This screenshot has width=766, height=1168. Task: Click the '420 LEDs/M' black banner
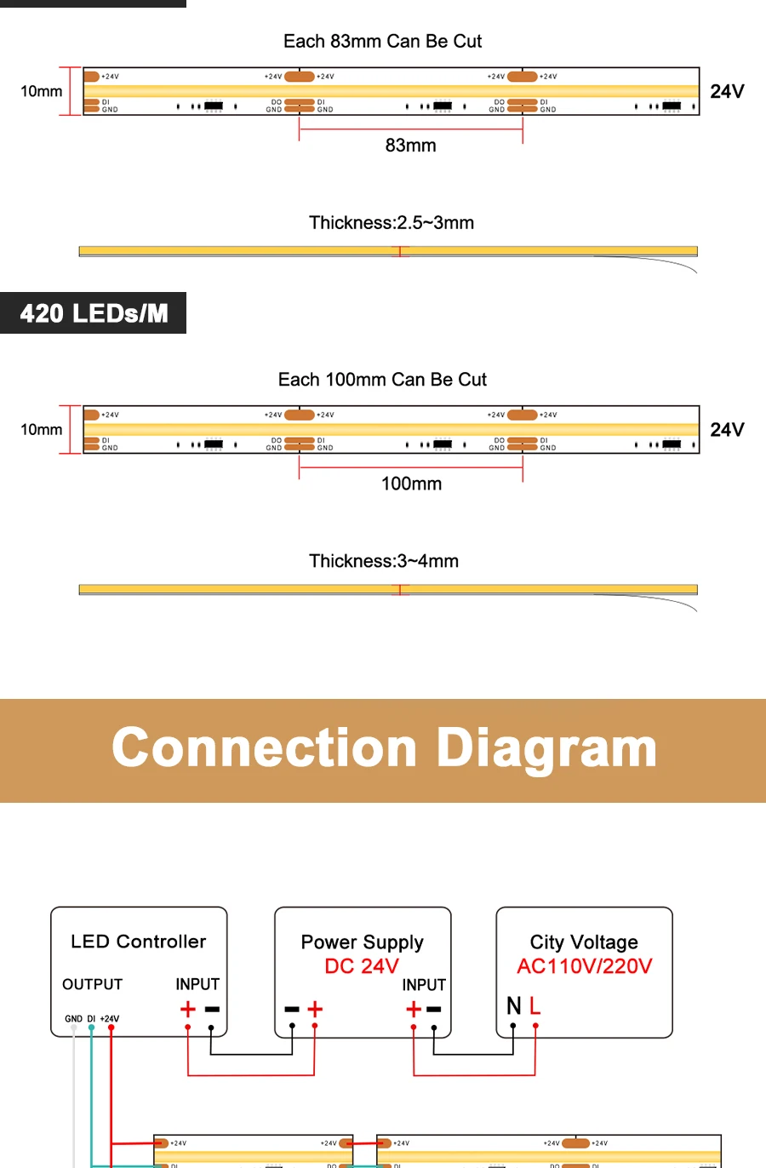coord(94,313)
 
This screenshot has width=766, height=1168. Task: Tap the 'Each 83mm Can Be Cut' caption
coord(382,41)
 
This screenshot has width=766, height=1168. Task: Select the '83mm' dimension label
coord(410,146)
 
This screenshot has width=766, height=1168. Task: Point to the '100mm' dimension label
coord(411,484)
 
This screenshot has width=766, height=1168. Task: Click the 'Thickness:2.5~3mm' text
coord(392,223)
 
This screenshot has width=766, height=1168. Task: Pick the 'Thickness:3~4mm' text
coord(384,561)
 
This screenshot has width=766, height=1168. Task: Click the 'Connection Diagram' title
coord(384,748)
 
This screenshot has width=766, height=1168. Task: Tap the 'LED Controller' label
coord(139,942)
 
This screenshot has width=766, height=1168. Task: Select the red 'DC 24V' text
coord(362,966)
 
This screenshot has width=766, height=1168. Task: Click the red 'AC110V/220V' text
coord(585,966)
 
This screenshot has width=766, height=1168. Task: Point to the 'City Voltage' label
coord(584,942)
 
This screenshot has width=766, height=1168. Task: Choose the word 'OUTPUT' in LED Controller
coord(93,984)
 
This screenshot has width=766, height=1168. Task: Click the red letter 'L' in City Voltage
coord(534,1006)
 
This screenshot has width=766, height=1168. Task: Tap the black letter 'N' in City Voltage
coord(513,1006)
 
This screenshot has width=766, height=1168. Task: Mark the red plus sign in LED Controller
coord(187,1010)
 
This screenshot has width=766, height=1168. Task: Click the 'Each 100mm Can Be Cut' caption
coord(382,380)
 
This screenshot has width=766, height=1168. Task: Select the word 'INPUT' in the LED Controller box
coord(197,984)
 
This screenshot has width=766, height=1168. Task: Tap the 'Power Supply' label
coord(362,942)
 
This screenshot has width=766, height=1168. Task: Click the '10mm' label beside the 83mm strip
coord(42,91)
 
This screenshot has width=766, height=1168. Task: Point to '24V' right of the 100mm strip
coord(727,430)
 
